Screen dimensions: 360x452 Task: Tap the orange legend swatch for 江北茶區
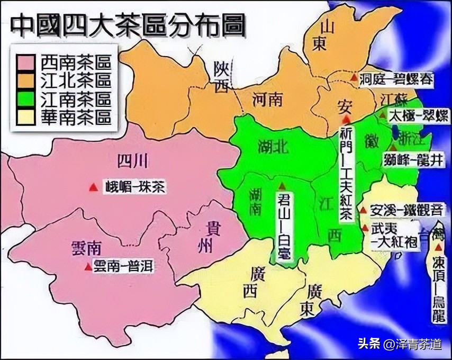25,81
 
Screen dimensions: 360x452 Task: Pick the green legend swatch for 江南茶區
25,99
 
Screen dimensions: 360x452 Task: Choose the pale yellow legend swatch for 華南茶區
25,116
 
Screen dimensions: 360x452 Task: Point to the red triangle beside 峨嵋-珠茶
94,186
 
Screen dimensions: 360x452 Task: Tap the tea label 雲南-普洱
123,266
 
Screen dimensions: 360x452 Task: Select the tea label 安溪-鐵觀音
405,209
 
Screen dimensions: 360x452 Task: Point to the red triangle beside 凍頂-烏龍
438,248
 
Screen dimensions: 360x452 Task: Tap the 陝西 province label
220,77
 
